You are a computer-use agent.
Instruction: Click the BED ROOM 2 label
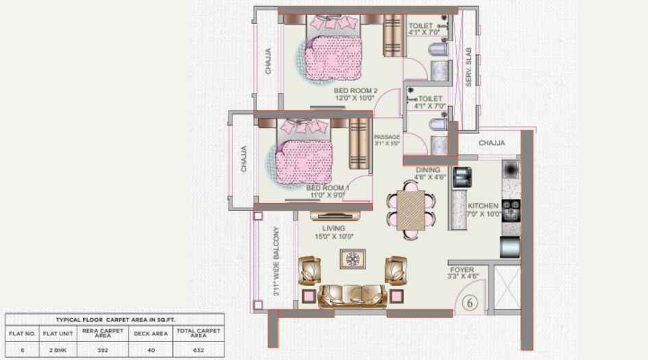pyautogui.click(x=355, y=91)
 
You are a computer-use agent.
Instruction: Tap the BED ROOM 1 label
pyautogui.click(x=328, y=187)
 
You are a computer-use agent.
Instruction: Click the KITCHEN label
pyautogui.click(x=484, y=206)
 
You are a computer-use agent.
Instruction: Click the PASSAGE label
pyautogui.click(x=387, y=137)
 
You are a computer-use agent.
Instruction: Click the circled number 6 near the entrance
pyautogui.click(x=470, y=302)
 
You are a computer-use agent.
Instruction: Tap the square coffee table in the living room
pyautogui.click(x=353, y=259)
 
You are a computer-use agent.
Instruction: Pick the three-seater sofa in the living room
pyautogui.click(x=353, y=293)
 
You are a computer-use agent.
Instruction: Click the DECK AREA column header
pyautogui.click(x=151, y=334)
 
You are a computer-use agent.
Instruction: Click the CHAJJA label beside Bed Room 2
pyautogui.click(x=268, y=60)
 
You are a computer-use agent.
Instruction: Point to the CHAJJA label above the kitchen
pyautogui.click(x=492, y=143)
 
